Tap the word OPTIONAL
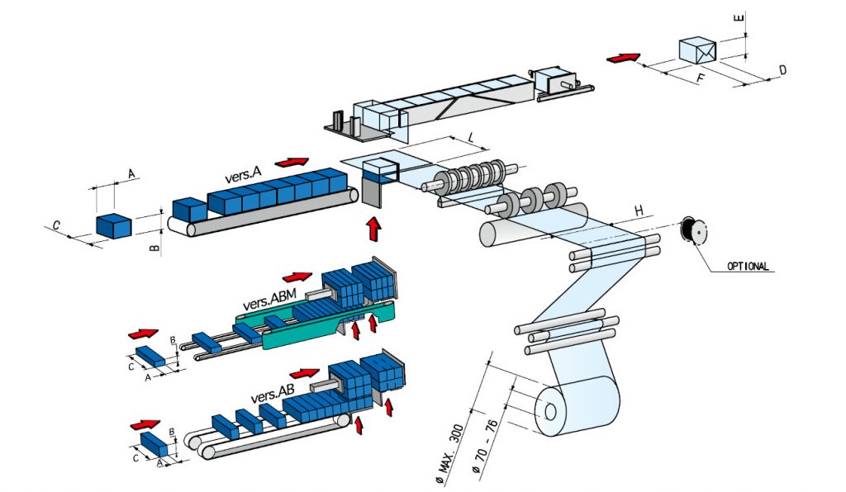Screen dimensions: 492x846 pyautogui.click(x=749, y=267)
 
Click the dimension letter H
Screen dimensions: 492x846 pyautogui.click(x=639, y=211)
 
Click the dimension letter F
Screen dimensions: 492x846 pyautogui.click(x=700, y=80)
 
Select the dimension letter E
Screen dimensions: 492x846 pyautogui.click(x=739, y=17)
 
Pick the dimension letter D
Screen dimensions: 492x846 pyautogui.click(x=782, y=72)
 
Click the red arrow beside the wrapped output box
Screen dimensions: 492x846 pyautogui.click(x=623, y=58)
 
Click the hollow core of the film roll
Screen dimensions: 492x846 pyautogui.click(x=550, y=412)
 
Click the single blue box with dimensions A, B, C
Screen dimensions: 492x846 pyautogui.click(x=114, y=225)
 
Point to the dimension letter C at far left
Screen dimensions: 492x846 pyautogui.click(x=55, y=225)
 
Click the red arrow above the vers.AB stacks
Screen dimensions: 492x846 pyautogui.click(x=305, y=373)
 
